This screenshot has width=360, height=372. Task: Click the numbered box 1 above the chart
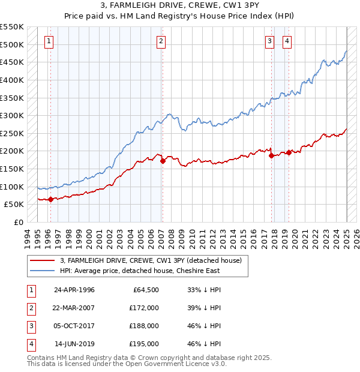[49, 41]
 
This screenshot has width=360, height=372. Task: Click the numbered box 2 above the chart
[161, 41]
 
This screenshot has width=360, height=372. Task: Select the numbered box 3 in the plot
[270, 41]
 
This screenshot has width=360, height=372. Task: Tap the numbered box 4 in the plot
[287, 41]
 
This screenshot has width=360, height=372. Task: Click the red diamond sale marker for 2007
[163, 161]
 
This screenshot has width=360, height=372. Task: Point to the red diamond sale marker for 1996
[50, 200]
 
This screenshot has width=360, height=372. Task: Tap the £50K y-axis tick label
[14, 205]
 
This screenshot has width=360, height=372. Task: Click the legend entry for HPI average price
[140, 271]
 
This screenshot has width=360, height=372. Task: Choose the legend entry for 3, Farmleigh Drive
[151, 260]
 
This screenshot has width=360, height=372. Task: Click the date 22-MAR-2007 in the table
[74, 308]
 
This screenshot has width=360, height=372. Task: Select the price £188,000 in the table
[145, 326]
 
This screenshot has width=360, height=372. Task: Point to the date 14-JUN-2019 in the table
[74, 344]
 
